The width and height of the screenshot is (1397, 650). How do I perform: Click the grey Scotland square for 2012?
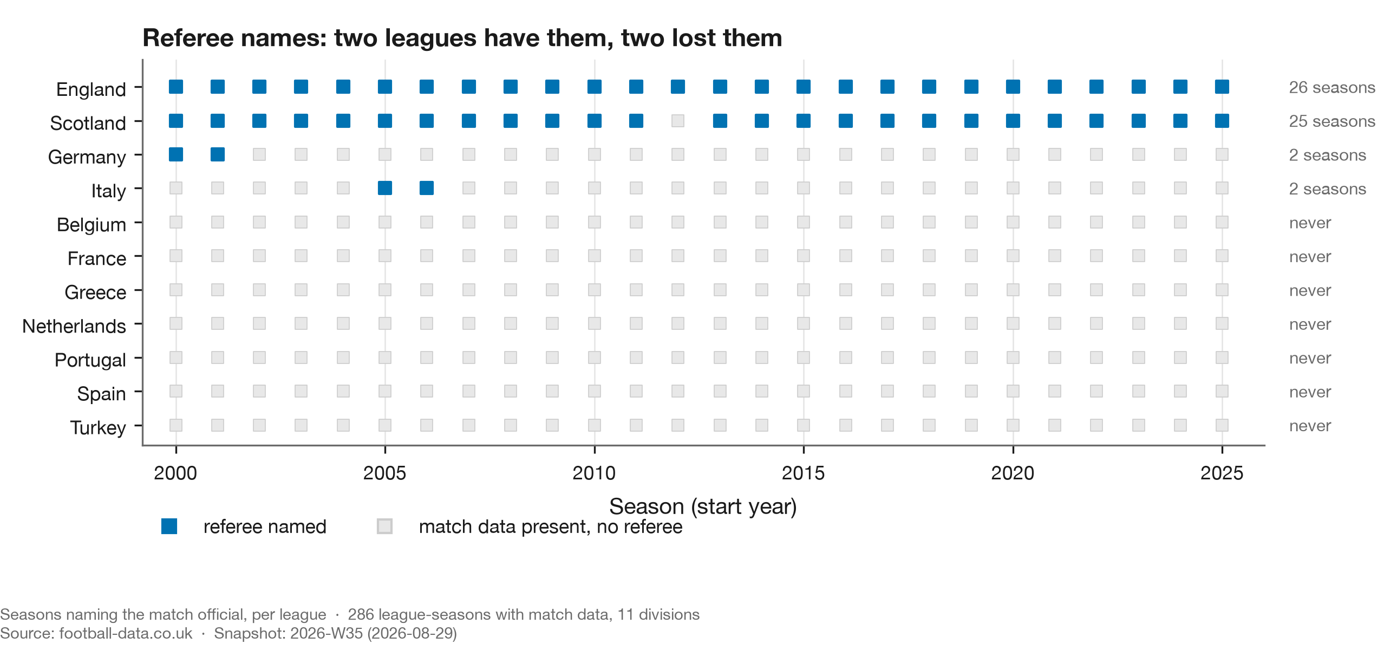(678, 121)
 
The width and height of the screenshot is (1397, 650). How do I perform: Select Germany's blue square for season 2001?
(218, 154)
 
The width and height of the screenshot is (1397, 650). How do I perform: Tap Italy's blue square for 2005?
(385, 188)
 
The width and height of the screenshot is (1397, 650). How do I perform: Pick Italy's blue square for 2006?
(427, 188)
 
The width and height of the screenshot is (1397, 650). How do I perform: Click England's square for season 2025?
(1222, 87)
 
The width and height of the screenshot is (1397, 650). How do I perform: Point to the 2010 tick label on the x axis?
(594, 473)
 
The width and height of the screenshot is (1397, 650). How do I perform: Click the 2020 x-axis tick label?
(1013, 473)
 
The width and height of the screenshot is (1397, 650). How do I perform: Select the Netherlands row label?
(74, 326)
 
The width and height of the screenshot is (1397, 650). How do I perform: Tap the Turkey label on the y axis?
(97, 427)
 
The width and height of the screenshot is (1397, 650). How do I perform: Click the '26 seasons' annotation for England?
(1332, 87)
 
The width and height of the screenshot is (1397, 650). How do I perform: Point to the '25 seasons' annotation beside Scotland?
(1332, 121)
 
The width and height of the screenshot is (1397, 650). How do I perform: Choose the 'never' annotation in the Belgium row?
(1310, 223)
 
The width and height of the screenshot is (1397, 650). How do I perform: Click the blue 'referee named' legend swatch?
(169, 526)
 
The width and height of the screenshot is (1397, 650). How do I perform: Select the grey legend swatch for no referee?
(384, 526)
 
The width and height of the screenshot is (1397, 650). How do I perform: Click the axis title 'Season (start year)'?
(703, 506)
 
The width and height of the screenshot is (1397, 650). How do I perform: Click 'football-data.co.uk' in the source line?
(126, 633)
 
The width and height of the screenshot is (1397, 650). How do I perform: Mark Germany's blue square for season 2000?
(176, 154)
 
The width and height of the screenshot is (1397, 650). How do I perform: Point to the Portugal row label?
(90, 360)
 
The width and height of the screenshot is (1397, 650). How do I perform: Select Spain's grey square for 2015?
(804, 391)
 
